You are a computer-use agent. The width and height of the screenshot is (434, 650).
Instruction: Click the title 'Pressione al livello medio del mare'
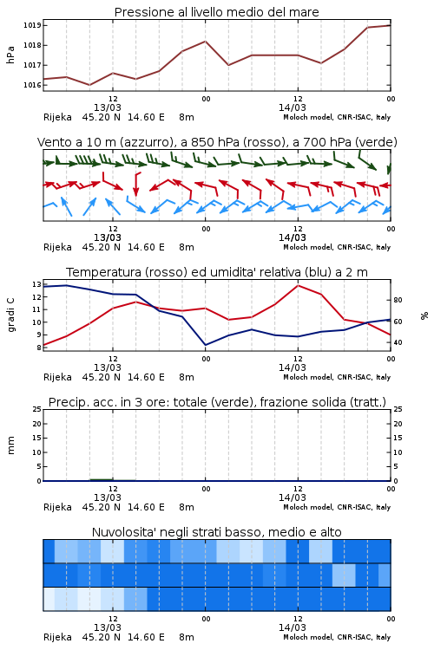click(x=216, y=12)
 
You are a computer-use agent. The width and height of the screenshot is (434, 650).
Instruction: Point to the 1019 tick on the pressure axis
click(x=32, y=25)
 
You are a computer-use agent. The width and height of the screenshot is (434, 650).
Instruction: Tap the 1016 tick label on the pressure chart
click(x=32, y=85)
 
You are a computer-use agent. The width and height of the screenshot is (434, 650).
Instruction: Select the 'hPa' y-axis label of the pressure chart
click(x=10, y=55)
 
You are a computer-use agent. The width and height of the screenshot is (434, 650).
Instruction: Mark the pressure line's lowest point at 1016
click(x=89, y=85)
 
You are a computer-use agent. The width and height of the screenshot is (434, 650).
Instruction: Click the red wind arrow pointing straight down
click(x=135, y=185)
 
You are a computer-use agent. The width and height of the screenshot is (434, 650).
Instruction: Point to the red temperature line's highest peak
click(x=298, y=286)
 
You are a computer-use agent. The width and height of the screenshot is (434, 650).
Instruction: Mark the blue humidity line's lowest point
click(x=205, y=345)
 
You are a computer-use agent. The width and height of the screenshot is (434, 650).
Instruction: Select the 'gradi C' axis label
click(x=10, y=315)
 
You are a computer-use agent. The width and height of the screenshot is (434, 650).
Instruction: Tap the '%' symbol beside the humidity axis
click(x=424, y=315)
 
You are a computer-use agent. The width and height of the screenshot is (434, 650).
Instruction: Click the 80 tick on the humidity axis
click(x=398, y=300)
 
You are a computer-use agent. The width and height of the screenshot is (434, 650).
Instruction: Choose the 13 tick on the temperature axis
click(x=36, y=284)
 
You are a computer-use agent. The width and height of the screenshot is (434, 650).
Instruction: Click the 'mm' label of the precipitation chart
click(x=10, y=445)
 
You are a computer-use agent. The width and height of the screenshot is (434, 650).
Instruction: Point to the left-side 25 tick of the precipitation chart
click(x=36, y=409)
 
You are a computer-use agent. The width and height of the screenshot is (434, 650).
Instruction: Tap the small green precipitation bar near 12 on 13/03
click(x=102, y=479)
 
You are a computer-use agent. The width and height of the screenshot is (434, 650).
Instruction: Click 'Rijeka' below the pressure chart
click(x=57, y=117)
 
